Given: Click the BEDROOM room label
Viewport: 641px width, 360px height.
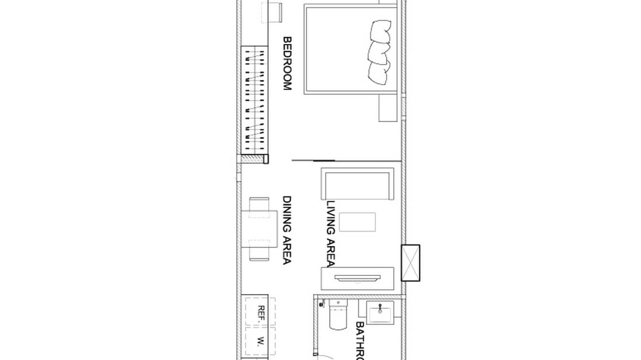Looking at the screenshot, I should pos(287,64).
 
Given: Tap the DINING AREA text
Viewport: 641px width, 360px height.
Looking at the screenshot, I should pos(287,230).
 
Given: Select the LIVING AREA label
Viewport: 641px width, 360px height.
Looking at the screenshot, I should pos(331,233).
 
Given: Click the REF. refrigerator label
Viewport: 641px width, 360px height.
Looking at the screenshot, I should pos(261,315).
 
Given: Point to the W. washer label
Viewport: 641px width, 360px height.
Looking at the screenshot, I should pos(261,341).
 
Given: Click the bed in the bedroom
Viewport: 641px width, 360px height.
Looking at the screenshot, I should pos(351,49).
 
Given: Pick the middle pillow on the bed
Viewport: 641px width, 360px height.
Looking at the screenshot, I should pos(379,51).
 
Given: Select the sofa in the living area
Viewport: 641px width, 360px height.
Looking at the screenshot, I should pos(357,184).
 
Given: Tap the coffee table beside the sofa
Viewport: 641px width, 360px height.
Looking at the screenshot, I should pos(357,222).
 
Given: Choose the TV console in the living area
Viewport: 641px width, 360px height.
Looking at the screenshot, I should pos(358,279).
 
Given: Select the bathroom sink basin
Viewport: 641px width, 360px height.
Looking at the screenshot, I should pos(380,314).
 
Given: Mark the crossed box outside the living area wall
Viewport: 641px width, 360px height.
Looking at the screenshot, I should pos(410,263).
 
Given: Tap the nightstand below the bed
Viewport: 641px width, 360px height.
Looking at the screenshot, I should pos(388,108).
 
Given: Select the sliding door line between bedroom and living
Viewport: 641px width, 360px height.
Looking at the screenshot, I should pos(313,160).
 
